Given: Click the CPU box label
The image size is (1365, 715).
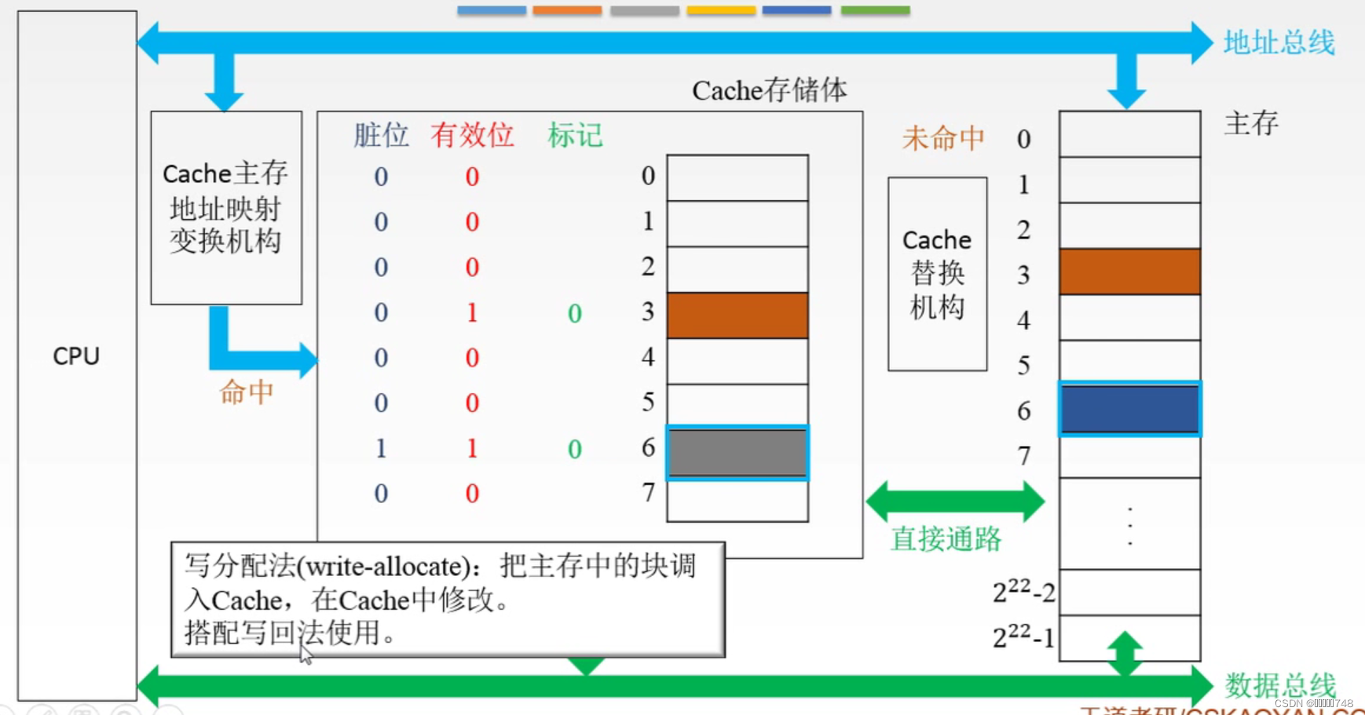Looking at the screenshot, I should pos(76,356).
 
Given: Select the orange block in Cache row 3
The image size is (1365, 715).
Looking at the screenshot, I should pos(737,315).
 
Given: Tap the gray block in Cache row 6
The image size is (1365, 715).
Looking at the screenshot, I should pos(737,452).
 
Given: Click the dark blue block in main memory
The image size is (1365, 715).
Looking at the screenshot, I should pos(1129,409).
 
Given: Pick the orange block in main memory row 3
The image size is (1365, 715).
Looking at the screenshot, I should pos(1129,272).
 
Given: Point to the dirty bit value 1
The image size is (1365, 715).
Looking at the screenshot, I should pos(381,448).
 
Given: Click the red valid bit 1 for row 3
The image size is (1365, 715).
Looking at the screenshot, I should pos(472,312).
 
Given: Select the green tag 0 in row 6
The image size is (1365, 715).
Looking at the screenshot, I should pos(575,449).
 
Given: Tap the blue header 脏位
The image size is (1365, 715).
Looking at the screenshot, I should pos(381,136).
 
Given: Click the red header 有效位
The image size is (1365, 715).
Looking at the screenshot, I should pos(472,136).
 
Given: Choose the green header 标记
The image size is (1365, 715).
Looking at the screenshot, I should pos(575,136).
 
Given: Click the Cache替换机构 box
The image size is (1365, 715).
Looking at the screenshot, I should pos(937,273).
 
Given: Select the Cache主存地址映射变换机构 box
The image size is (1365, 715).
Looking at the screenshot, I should pos(225,207).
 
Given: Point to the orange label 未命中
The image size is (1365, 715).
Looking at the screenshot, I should pos(942,139).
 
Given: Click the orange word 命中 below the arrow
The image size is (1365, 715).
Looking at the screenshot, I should pos(246,392).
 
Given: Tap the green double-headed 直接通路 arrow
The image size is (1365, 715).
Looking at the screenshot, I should pos(955,501).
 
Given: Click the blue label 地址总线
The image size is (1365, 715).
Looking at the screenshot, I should pos(1279,42).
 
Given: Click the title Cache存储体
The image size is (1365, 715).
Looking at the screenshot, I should pos(769,90).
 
